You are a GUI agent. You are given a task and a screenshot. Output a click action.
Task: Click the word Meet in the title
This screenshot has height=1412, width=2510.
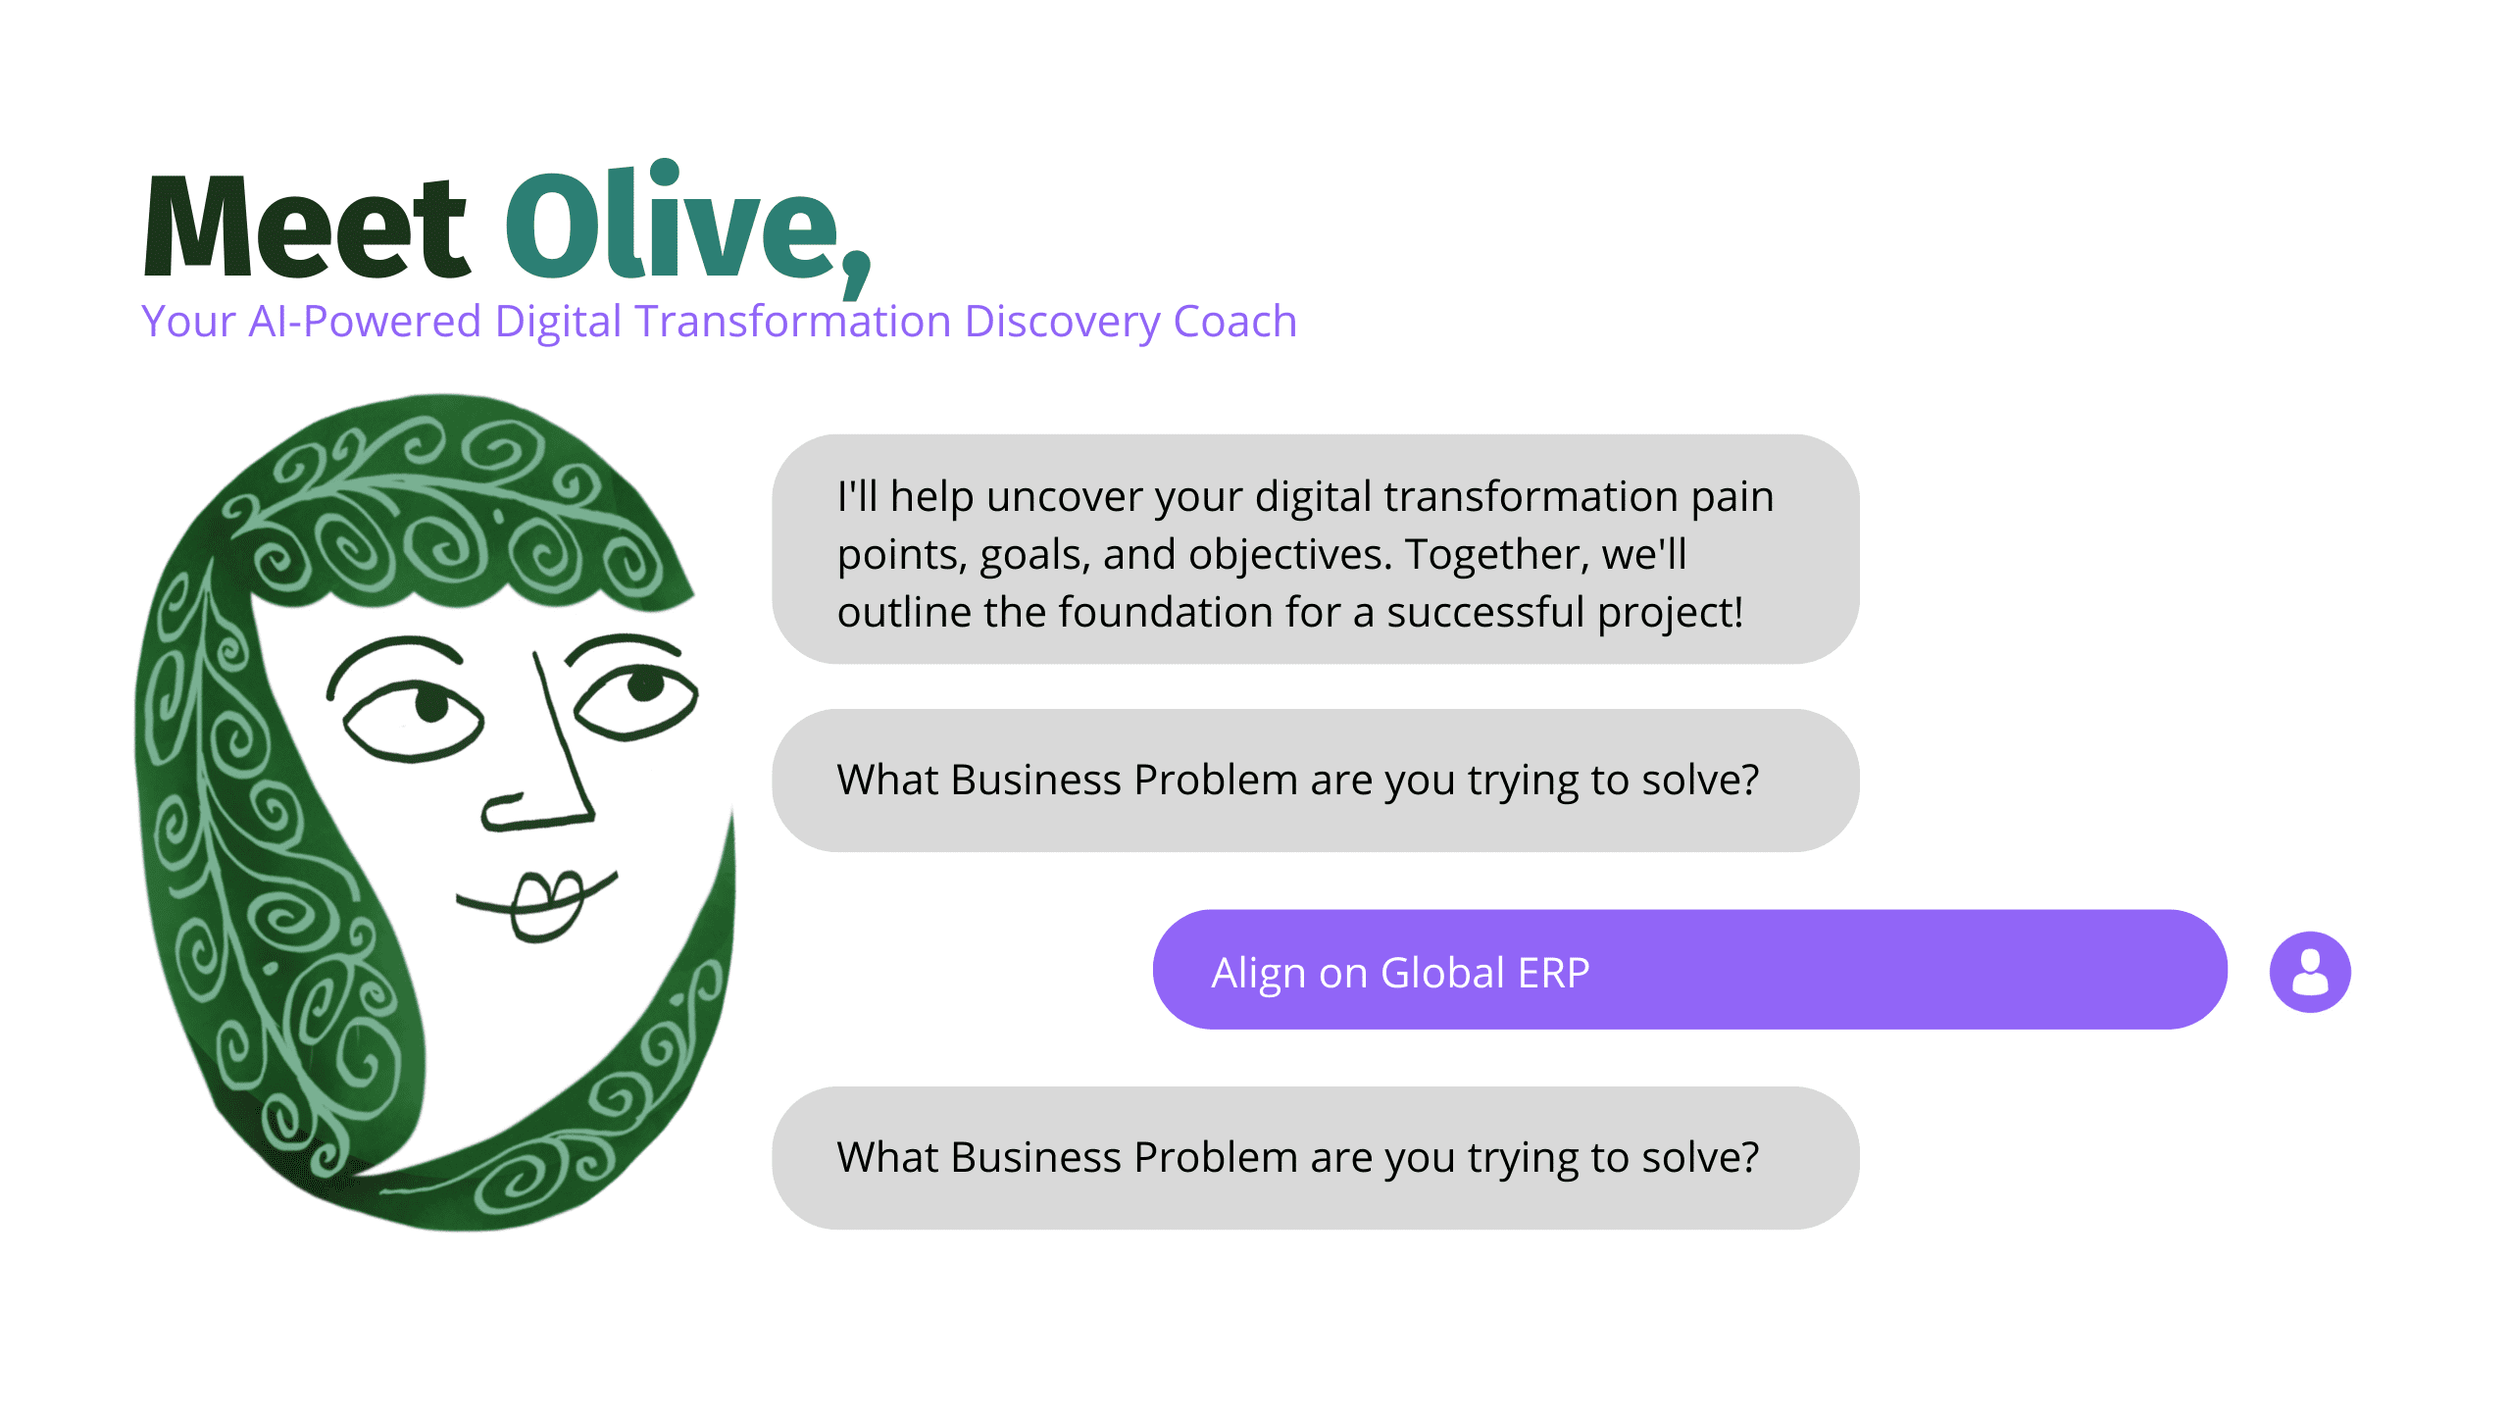306,227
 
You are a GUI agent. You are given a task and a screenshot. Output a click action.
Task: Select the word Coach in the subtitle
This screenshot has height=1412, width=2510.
1234,322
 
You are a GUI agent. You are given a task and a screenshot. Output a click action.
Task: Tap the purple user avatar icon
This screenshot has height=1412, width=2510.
2309,972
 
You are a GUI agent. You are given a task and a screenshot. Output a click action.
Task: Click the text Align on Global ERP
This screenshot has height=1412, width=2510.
1400,973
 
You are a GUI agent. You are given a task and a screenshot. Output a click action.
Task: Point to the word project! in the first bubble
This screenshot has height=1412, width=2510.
1670,614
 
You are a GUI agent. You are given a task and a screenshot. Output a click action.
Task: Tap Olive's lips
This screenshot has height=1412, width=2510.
545,902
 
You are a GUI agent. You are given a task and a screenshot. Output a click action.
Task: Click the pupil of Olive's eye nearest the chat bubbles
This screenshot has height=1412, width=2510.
645,684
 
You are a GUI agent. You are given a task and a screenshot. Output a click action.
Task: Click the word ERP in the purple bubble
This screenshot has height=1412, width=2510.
1553,973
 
